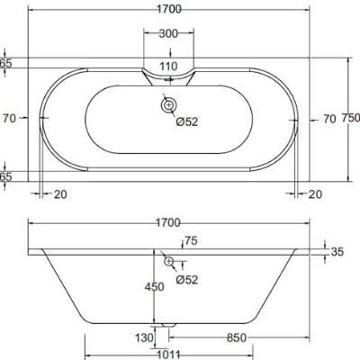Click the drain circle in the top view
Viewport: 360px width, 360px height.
(168, 106)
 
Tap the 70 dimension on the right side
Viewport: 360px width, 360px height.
(328, 118)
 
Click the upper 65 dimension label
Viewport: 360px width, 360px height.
(6, 63)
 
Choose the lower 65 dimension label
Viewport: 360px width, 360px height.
(6, 176)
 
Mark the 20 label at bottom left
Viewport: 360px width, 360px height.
(59, 193)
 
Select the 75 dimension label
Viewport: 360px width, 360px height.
(191, 241)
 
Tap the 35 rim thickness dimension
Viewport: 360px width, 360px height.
(337, 253)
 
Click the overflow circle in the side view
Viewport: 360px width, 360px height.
(168, 261)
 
